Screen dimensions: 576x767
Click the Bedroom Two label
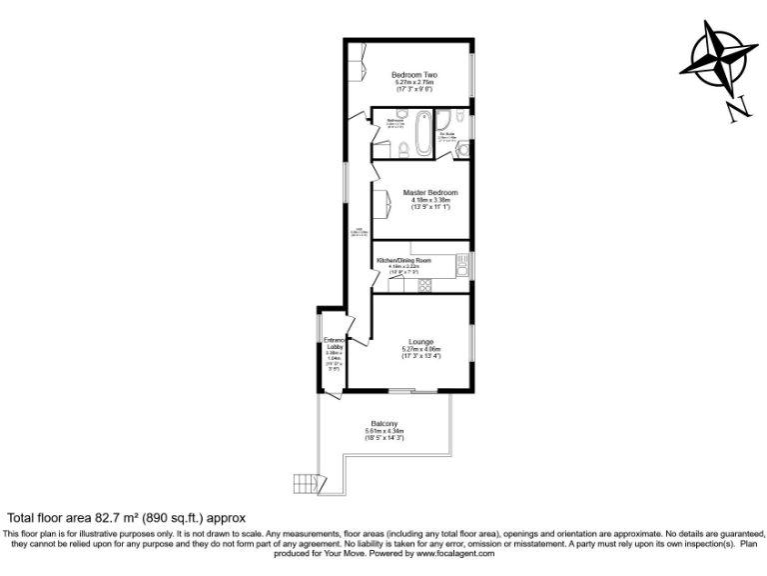(x=414, y=75)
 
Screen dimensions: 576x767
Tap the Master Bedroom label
(x=430, y=192)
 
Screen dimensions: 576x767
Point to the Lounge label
(x=419, y=340)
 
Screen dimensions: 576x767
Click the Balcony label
(x=384, y=423)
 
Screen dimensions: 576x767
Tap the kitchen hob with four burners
(x=423, y=284)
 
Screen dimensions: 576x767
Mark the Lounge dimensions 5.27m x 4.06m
(x=420, y=348)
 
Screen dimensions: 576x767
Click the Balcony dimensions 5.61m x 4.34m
(x=384, y=431)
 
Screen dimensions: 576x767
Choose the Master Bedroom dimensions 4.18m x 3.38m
(x=430, y=200)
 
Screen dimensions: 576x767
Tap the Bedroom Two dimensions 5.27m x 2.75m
(x=414, y=83)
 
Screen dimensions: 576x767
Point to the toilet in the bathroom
(x=397, y=150)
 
